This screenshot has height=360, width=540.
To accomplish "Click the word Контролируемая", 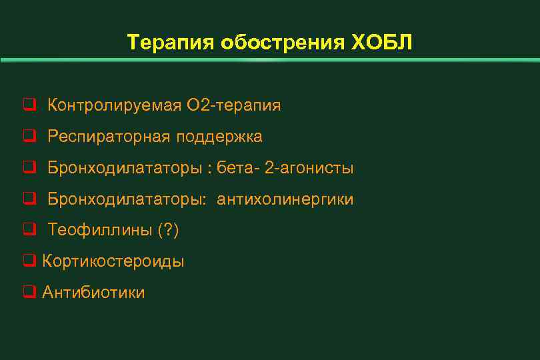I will pyautogui.click(x=115, y=105).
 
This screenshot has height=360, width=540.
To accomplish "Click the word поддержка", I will pyautogui.click(x=219, y=137).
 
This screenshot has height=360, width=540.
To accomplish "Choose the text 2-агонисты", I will pyautogui.click(x=309, y=168).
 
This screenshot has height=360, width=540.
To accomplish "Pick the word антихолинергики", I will pyautogui.click(x=285, y=199).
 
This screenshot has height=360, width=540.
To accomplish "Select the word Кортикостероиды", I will pyautogui.click(x=113, y=261).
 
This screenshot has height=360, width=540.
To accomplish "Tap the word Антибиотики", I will pyautogui.click(x=93, y=293).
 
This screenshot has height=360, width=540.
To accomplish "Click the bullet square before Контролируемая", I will pyautogui.click(x=29, y=105).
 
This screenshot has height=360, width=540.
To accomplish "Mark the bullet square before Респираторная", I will pyautogui.click(x=29, y=137).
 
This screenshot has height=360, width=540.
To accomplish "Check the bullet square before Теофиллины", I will pyautogui.click(x=29, y=231).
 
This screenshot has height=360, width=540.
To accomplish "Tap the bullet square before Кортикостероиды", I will pyautogui.click(x=29, y=261).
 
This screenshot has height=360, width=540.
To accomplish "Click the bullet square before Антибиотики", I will pyautogui.click(x=29, y=293).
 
